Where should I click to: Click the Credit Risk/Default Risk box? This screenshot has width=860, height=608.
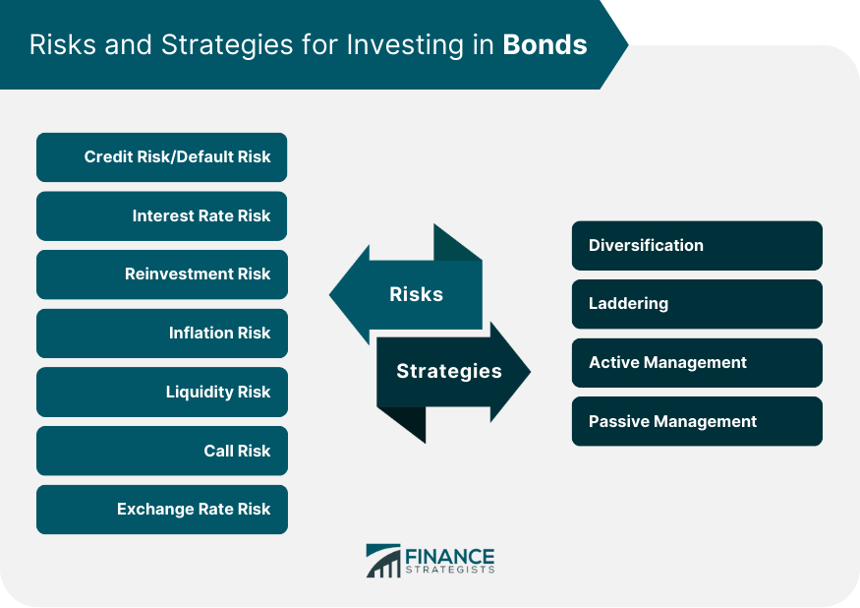tap(162, 157)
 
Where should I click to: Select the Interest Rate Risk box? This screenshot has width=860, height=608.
tap(162, 215)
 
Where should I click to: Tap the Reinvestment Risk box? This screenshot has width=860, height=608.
tap(162, 274)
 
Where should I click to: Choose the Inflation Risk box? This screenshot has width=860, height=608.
tap(162, 334)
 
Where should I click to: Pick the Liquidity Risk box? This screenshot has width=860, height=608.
tap(162, 393)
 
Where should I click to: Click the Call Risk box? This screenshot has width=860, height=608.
tap(162, 451)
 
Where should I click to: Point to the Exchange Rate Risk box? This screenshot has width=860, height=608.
tap(162, 510)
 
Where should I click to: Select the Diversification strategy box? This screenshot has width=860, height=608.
tap(697, 246)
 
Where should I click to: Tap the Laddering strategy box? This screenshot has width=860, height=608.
tap(697, 304)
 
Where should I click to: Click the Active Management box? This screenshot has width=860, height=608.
tap(697, 363)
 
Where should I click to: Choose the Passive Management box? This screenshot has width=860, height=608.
tap(697, 421)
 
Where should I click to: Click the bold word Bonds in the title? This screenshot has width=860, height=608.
tap(545, 45)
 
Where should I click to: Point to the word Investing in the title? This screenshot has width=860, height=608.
tap(405, 46)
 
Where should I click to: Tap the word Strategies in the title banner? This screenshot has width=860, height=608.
tap(227, 46)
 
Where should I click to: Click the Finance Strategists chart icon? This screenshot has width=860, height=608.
tap(383, 561)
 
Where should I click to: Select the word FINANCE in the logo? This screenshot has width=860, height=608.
tap(450, 557)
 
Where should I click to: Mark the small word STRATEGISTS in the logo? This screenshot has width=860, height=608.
tap(450, 570)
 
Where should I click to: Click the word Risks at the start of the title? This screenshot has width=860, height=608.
tap(63, 45)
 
